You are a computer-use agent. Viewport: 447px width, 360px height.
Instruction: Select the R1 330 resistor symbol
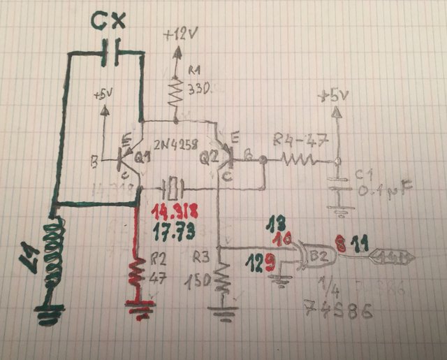[175, 87]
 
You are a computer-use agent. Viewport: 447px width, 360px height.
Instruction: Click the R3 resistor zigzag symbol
[221, 278]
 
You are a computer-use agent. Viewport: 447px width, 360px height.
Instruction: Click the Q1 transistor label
[142, 159]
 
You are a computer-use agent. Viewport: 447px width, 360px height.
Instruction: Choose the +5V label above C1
[335, 96]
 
